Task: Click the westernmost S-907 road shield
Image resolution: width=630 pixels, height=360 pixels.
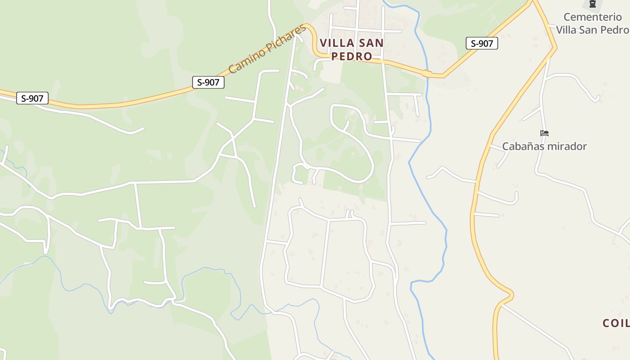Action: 32,98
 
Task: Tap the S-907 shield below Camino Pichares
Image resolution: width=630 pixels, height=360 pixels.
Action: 208,82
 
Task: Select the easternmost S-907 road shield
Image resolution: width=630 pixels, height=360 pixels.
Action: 481,43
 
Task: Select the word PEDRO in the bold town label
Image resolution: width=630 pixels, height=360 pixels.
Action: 352,56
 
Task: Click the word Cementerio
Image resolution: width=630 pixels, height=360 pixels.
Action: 593,17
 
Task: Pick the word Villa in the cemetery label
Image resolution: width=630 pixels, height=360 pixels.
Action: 567,30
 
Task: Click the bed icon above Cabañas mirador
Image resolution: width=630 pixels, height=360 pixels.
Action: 544,133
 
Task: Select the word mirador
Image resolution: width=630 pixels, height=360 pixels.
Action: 568,146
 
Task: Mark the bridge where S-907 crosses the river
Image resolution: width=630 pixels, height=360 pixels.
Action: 427,73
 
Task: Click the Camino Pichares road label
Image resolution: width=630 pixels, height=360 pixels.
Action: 267,49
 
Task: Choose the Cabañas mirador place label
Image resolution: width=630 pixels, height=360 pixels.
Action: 544,146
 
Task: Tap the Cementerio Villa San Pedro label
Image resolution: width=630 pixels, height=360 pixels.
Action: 592,23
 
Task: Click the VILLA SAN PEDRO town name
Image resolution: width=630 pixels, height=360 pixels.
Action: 352,49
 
